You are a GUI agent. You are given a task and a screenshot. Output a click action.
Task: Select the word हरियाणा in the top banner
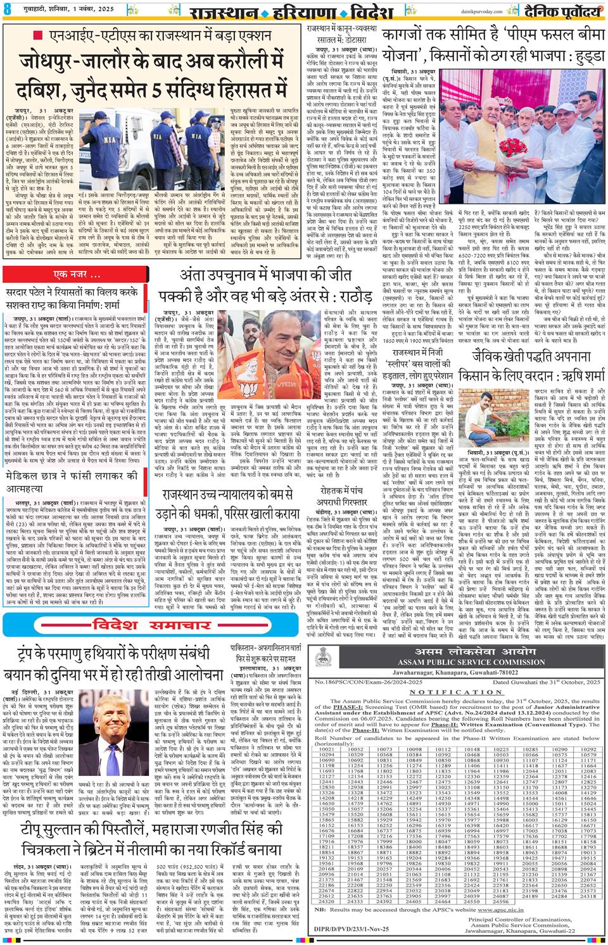point(344,11)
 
